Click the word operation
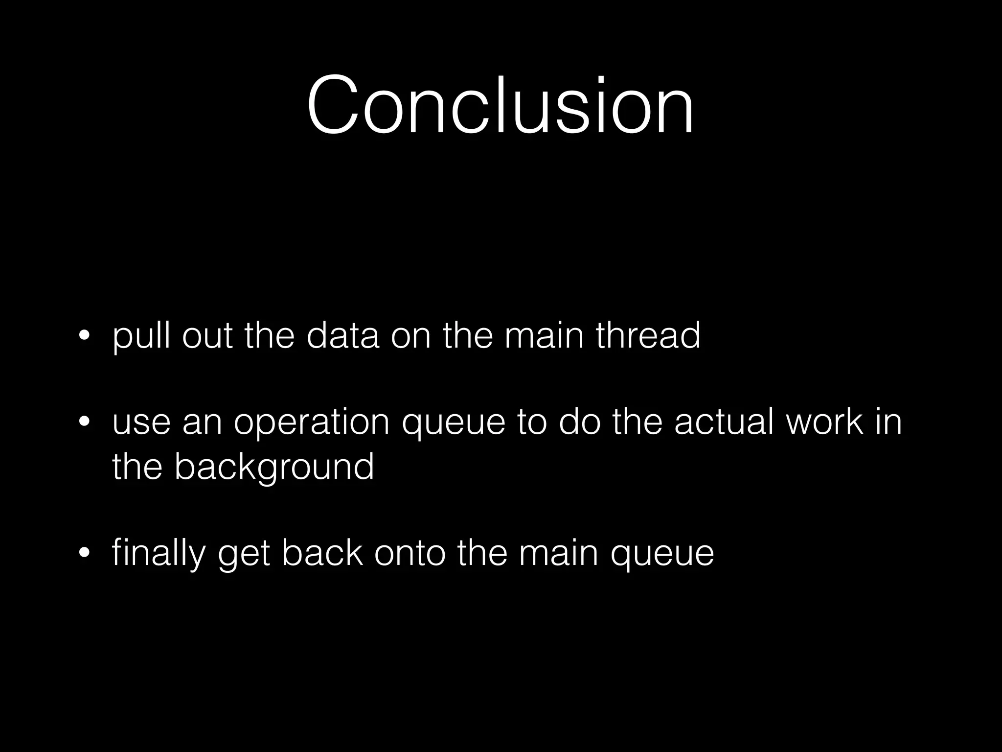click(311, 422)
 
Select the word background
click(274, 467)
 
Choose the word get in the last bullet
click(244, 554)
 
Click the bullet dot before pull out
click(84, 337)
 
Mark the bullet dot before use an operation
click(84, 422)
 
